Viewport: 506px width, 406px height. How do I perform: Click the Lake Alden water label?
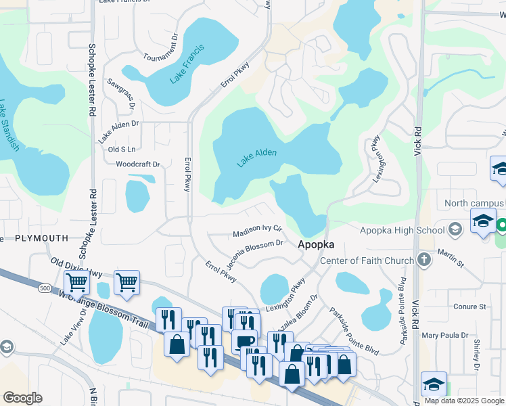(x=257, y=158)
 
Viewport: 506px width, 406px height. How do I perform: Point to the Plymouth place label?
(x=41, y=238)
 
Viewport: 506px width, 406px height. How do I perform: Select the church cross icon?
(x=423, y=259)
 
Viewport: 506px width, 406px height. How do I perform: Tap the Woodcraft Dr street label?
(x=137, y=164)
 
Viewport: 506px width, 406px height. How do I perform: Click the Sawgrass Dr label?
(x=121, y=93)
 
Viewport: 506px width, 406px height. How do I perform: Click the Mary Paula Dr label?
(x=444, y=335)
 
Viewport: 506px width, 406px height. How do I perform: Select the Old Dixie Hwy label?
(x=76, y=268)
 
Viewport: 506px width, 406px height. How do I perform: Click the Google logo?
(x=22, y=398)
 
